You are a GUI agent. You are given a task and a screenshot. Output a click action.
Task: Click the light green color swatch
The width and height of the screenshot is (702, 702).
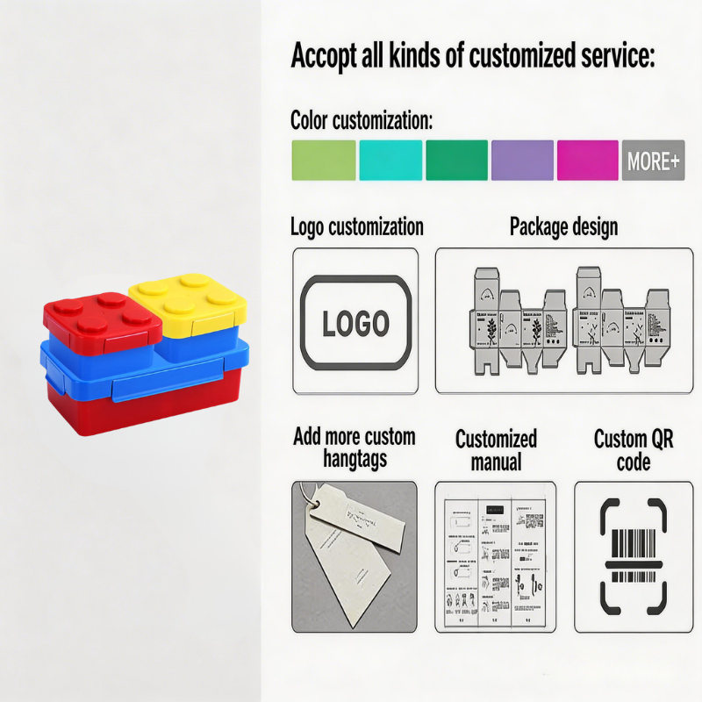point(323,161)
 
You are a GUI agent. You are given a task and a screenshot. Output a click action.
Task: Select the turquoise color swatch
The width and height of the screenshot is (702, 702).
point(390,161)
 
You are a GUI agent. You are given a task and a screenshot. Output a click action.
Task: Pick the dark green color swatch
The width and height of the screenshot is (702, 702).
point(456,161)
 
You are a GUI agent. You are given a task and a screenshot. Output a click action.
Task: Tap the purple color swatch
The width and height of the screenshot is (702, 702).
point(522,161)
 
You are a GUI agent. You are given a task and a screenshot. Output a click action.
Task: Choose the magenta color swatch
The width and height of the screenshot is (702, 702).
point(587,161)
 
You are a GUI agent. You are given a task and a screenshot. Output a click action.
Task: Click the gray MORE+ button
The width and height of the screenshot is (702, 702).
point(653,161)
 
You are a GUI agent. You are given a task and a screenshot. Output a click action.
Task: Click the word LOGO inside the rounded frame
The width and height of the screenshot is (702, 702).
point(355,324)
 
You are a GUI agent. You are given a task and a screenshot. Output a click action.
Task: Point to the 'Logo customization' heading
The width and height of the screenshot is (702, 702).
point(357,227)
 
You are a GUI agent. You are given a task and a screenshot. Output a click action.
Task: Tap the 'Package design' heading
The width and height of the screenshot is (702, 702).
point(563,227)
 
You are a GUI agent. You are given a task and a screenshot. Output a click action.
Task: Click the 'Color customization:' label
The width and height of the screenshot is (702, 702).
point(362,120)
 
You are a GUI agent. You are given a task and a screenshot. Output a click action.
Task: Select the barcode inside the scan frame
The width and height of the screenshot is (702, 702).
point(633,556)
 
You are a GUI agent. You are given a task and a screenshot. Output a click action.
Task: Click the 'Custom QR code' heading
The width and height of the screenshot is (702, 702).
point(634,449)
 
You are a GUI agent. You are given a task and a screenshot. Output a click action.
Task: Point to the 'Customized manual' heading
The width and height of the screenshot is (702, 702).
point(496,449)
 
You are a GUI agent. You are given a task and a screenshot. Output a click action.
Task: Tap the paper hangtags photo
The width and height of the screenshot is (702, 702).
point(354,556)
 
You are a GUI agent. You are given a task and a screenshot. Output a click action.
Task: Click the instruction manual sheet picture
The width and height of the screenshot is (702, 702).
point(495,556)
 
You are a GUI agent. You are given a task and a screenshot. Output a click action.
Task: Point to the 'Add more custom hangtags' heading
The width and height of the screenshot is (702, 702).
point(355,447)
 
